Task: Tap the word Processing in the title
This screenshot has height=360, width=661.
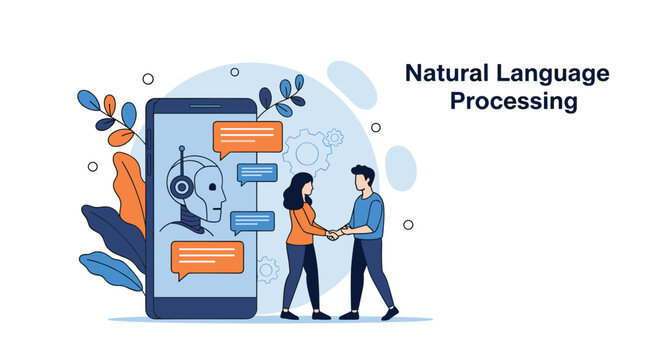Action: [513, 102]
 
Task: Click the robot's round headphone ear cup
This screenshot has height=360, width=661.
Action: [180, 187]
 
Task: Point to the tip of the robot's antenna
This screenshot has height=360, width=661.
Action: [181, 149]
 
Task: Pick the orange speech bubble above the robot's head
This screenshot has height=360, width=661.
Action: [248, 138]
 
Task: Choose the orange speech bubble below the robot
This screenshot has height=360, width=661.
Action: [207, 259]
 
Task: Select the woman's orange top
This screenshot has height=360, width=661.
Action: [304, 226]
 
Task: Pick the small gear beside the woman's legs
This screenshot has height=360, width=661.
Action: [267, 268]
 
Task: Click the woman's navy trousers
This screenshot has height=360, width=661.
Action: [300, 275]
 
